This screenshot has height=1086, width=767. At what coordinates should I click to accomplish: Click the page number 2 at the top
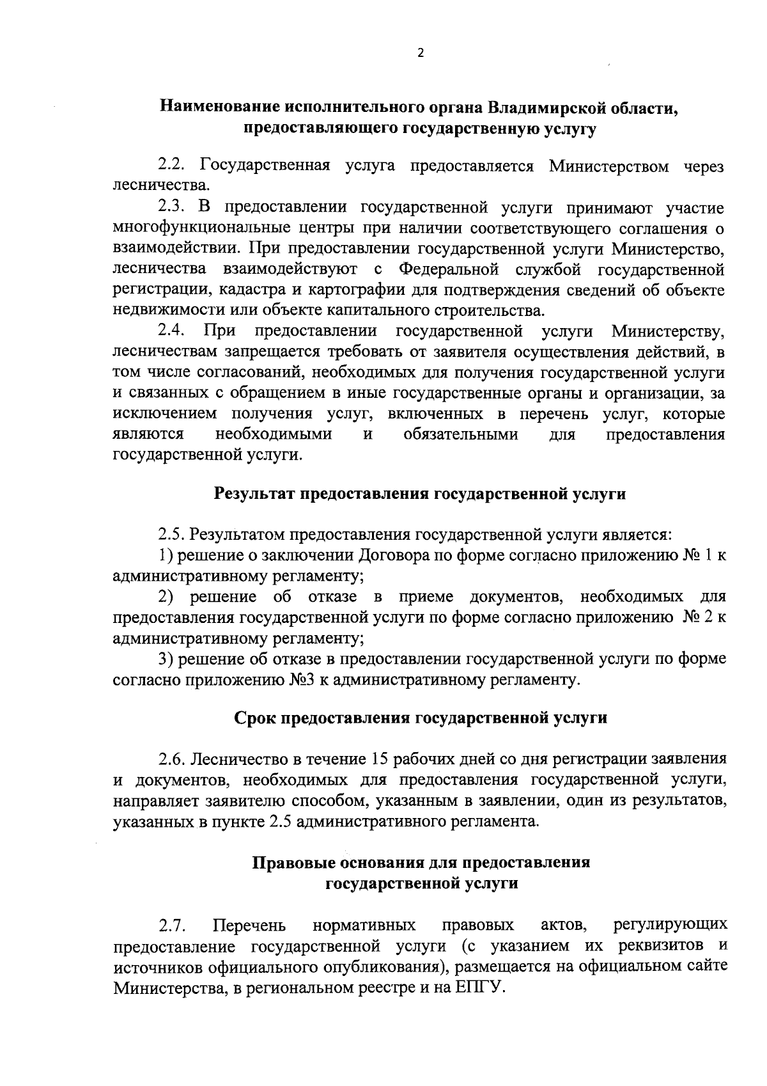pos(420,54)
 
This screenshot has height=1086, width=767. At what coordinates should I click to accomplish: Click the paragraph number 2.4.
pos(172,331)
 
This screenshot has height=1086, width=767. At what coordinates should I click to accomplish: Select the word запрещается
pos(273,352)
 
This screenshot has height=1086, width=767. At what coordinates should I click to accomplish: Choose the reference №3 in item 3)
pos(300,679)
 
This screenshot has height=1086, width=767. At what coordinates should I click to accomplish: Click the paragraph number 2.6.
pos(172,759)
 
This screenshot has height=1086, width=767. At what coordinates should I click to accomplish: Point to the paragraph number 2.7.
pos(172,924)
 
